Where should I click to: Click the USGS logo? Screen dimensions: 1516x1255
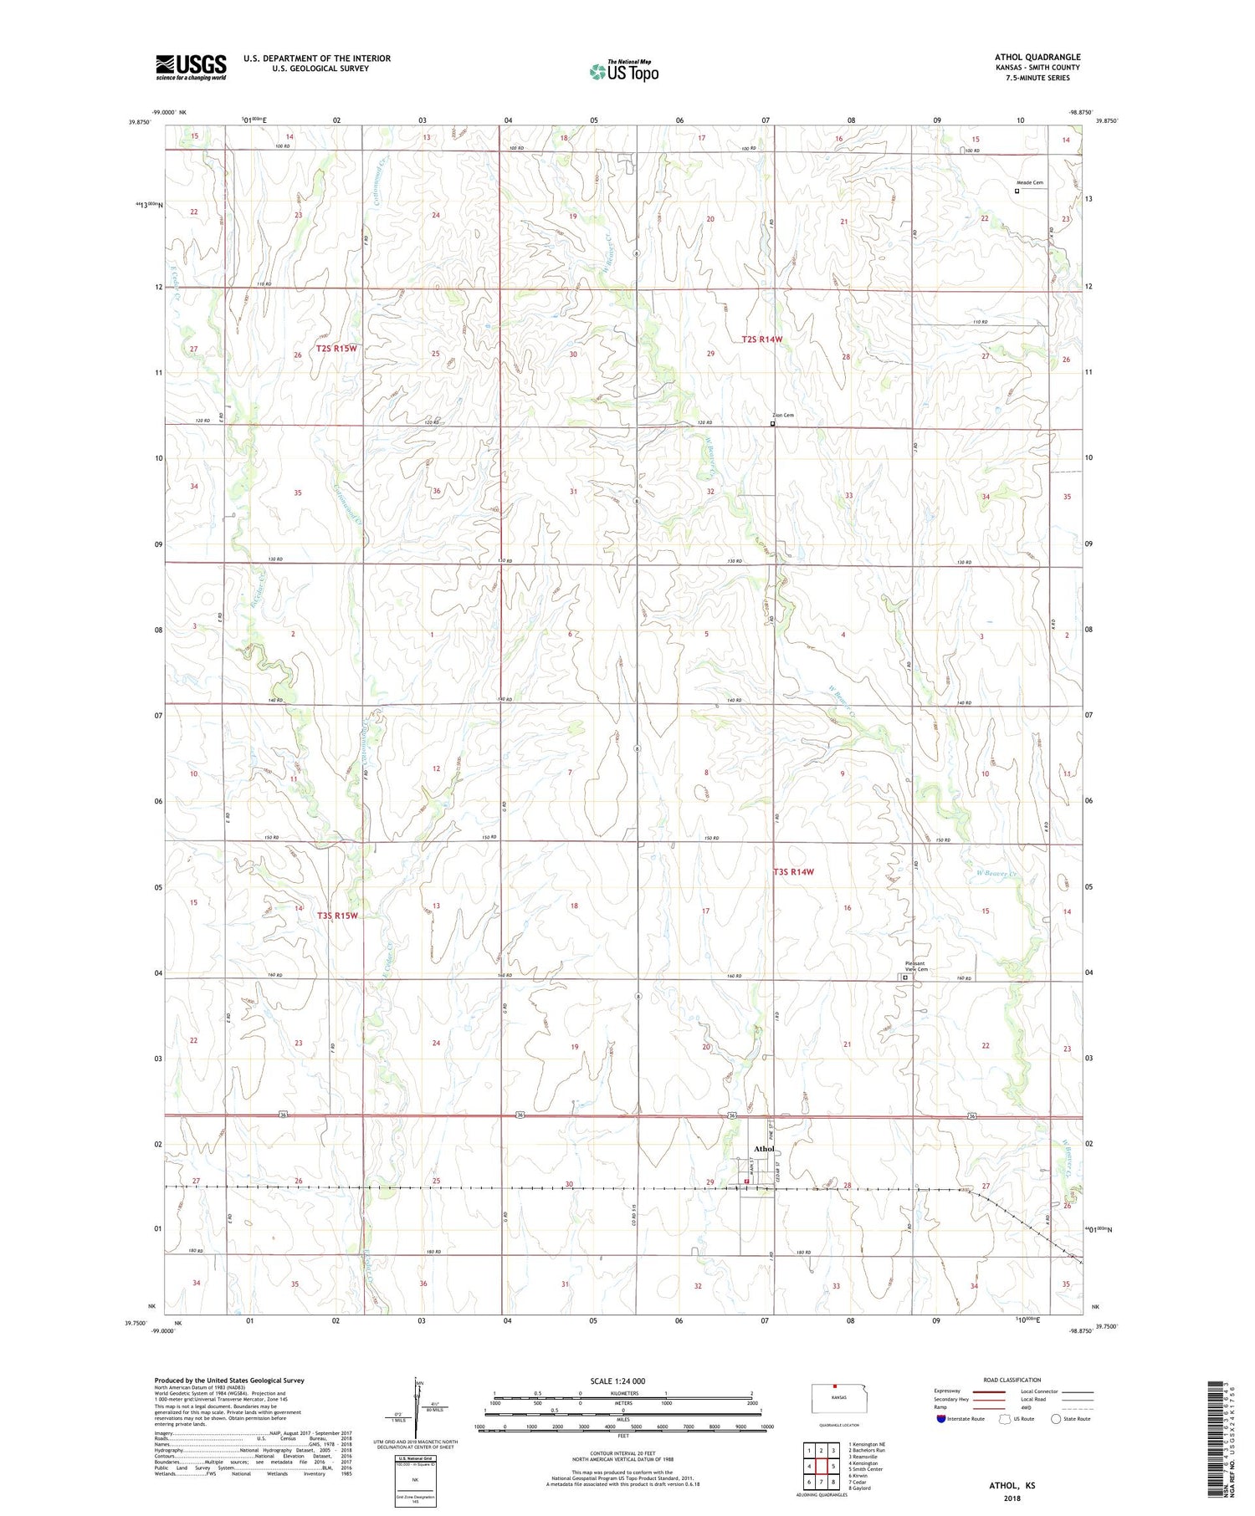click(191, 67)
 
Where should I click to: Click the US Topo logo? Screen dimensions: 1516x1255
click(624, 72)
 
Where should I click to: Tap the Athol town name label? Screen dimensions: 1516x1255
click(764, 1149)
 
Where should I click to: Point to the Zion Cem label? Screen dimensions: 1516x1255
click(783, 415)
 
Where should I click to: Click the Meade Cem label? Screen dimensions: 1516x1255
click(1030, 182)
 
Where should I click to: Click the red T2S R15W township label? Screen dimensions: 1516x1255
click(336, 348)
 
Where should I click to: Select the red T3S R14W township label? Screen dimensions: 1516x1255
click(792, 871)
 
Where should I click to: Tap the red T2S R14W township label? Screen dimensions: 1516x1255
click(762, 339)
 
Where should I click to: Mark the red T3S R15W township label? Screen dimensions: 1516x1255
click(337, 916)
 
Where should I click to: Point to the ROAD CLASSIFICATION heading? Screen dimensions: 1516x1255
click(1012, 1379)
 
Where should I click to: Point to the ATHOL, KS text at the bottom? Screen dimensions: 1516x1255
click(1012, 1486)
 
